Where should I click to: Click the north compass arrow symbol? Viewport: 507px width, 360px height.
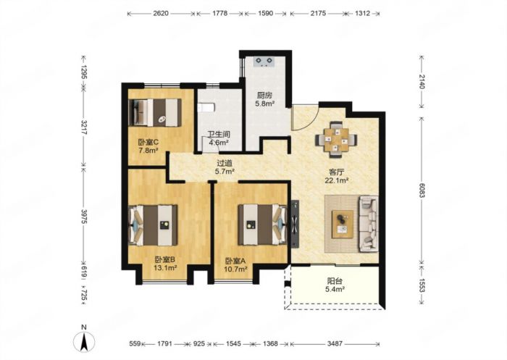coord(84,342)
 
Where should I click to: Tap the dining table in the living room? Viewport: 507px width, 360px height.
coord(337,140)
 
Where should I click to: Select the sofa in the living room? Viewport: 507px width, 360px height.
coord(368,223)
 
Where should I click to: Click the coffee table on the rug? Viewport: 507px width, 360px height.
coord(343,224)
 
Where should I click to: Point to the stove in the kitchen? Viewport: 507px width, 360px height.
coord(264,62)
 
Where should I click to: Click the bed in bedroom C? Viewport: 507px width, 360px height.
coord(154,112)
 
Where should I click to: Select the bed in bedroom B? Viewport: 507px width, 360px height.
coord(153,225)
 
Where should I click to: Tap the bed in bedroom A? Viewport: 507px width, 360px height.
coord(262,224)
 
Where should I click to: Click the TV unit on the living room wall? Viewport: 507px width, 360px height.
coord(296,224)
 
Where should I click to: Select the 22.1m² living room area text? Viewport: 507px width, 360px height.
coord(336,180)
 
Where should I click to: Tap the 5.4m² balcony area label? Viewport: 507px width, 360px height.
coord(335,289)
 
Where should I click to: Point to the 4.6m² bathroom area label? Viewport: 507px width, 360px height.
coord(219,142)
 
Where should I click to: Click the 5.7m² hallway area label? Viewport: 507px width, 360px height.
coord(225,172)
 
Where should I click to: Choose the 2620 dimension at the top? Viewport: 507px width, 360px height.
coord(161,14)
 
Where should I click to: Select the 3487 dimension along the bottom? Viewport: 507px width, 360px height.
coord(335,343)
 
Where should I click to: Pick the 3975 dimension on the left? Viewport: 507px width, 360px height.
coord(84,216)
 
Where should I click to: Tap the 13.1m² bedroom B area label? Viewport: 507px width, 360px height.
coord(165,267)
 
